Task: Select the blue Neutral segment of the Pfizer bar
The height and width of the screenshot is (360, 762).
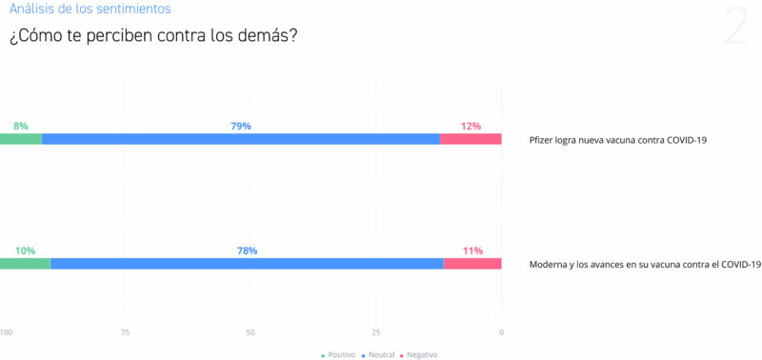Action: tap(240, 139)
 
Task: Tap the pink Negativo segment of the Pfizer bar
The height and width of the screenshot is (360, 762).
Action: tap(471, 139)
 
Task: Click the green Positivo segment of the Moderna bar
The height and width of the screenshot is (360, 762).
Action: tap(25, 264)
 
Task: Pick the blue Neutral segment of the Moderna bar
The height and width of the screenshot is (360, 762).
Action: tap(246, 264)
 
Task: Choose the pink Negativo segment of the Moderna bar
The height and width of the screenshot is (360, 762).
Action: tap(472, 264)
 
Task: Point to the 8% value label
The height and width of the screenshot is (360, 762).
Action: tap(21, 126)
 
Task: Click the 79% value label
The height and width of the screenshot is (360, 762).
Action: tap(240, 126)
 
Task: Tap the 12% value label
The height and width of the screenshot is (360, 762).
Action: tap(471, 126)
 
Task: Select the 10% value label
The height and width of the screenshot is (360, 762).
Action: tap(25, 250)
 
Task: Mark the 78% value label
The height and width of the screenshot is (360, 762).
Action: tap(247, 250)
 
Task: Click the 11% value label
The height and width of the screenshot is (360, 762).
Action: tap(472, 250)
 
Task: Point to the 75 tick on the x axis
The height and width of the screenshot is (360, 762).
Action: tap(125, 332)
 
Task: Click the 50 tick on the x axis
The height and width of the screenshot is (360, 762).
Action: tap(251, 332)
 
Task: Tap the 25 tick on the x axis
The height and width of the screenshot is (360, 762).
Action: tap(376, 332)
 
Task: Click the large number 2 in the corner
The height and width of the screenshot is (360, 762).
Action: tap(735, 27)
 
